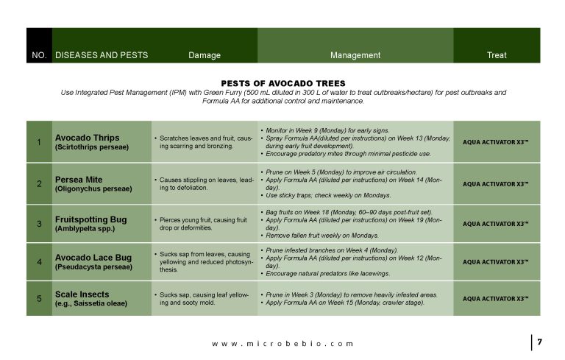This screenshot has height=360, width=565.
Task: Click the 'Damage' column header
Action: pyautogui.click(x=205, y=55)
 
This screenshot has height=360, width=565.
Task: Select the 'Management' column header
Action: pyautogui.click(x=355, y=55)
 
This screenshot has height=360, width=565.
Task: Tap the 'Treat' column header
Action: pyautogui.click(x=497, y=55)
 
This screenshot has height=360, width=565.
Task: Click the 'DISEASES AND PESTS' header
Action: pyautogui.click(x=102, y=55)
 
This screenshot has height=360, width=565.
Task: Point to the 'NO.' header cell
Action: pyautogui.click(x=39, y=55)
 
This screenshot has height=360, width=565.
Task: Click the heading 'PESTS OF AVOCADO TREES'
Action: pyautogui.click(x=282, y=83)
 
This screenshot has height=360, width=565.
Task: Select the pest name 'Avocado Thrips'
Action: pyautogui.click(x=87, y=138)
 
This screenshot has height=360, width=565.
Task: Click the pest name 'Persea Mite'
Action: pyautogui.click(x=79, y=179)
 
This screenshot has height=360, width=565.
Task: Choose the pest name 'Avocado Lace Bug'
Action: pyautogui.click(x=93, y=259)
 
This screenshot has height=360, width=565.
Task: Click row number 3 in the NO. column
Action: pyautogui.click(x=39, y=223)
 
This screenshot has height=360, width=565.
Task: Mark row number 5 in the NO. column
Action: pyautogui.click(x=39, y=298)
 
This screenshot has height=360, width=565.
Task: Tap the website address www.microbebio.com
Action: pyautogui.click(x=282, y=343)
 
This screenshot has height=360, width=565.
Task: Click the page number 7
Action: pyautogui.click(x=539, y=342)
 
